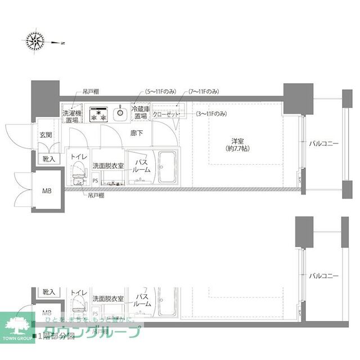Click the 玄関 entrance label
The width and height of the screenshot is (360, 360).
coord(46,136)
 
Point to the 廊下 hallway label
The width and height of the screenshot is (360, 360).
coord(137,133)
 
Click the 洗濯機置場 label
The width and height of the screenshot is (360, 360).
coord(71,116)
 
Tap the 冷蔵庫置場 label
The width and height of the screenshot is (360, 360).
coord(141,112)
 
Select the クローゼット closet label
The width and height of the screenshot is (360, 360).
coord(166,114)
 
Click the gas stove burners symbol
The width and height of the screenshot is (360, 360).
coord(100,114)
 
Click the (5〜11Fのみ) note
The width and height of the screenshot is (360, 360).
coord(162,91)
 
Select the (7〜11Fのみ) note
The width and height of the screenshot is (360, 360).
coord(204,91)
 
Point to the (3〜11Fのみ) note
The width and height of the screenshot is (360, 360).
coord(211,114)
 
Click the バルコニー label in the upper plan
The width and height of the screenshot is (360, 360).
coord(323,144)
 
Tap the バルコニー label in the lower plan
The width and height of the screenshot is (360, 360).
coord(323,276)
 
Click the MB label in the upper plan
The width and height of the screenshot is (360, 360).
coord(47,191)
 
